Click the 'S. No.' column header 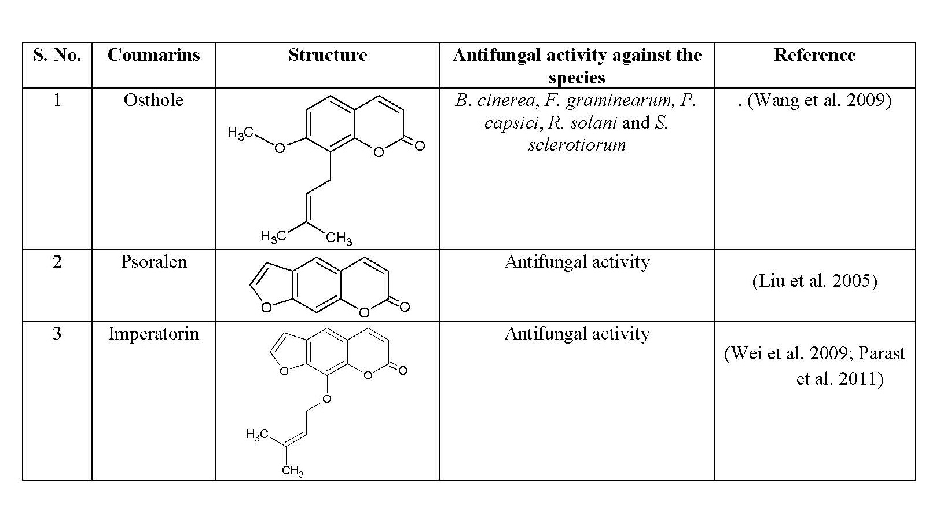coord(57,55)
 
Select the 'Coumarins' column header coord(154,55)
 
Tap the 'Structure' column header coord(328,55)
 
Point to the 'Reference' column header coord(814,55)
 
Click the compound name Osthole coord(153,100)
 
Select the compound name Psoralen coord(154,262)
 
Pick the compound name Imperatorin coord(153,334)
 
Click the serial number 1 coord(57,100)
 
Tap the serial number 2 coord(57,262)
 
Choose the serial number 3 coord(57,334)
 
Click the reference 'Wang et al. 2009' coord(819,100)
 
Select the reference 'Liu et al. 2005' coord(814,281)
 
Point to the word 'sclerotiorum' coord(577,145)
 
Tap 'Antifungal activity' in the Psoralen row coord(577,262)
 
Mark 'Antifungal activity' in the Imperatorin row coord(577,334)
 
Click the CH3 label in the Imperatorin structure coord(293,471)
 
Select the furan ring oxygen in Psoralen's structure coord(267,307)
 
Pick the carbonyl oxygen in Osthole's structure coord(420,146)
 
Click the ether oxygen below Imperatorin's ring coord(327,400)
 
